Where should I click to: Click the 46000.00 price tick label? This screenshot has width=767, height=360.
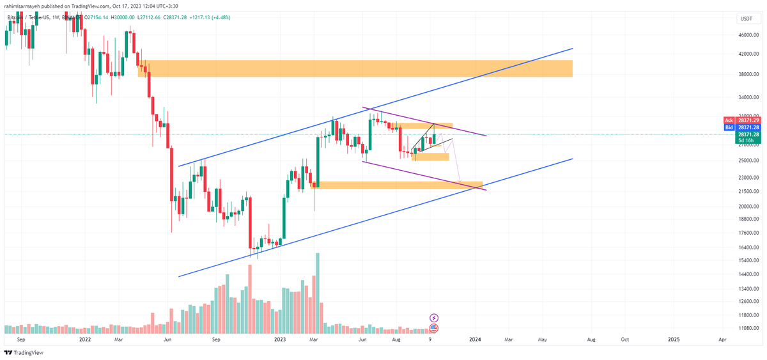click(748, 36)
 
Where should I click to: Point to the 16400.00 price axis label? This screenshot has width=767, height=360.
click(748, 247)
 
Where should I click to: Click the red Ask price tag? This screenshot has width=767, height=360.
click(728, 120)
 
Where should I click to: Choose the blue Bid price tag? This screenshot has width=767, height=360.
click(728, 128)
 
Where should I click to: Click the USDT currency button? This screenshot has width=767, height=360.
click(747, 19)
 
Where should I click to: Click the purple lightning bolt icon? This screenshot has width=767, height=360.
click(434, 317)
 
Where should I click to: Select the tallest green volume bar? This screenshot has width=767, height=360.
click(317, 291)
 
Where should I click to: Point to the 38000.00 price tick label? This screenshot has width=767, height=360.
click(748, 74)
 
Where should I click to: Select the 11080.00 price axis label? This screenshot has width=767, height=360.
click(748, 328)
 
